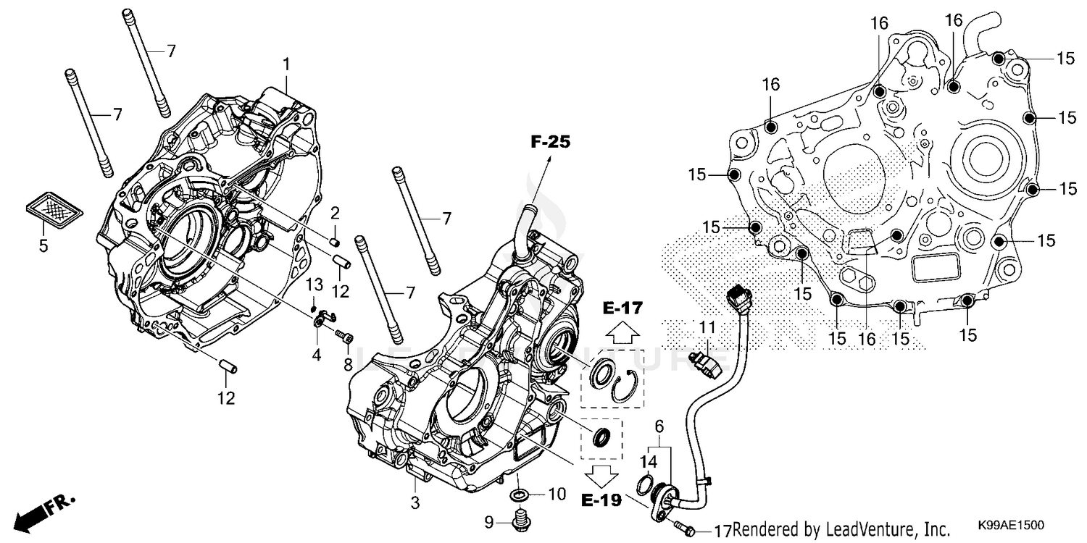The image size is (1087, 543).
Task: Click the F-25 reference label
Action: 550,143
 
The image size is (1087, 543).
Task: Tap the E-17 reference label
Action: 621,309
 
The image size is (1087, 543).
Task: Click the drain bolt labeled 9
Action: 519,519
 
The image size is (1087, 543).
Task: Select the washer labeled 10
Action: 520,495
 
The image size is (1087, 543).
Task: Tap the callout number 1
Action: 286,64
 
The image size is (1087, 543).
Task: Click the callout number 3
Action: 415,502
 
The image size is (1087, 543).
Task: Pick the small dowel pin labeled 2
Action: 335,239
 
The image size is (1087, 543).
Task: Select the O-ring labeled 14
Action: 644,484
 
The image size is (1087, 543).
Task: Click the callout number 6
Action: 658,427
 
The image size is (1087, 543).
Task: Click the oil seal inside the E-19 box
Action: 601,438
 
